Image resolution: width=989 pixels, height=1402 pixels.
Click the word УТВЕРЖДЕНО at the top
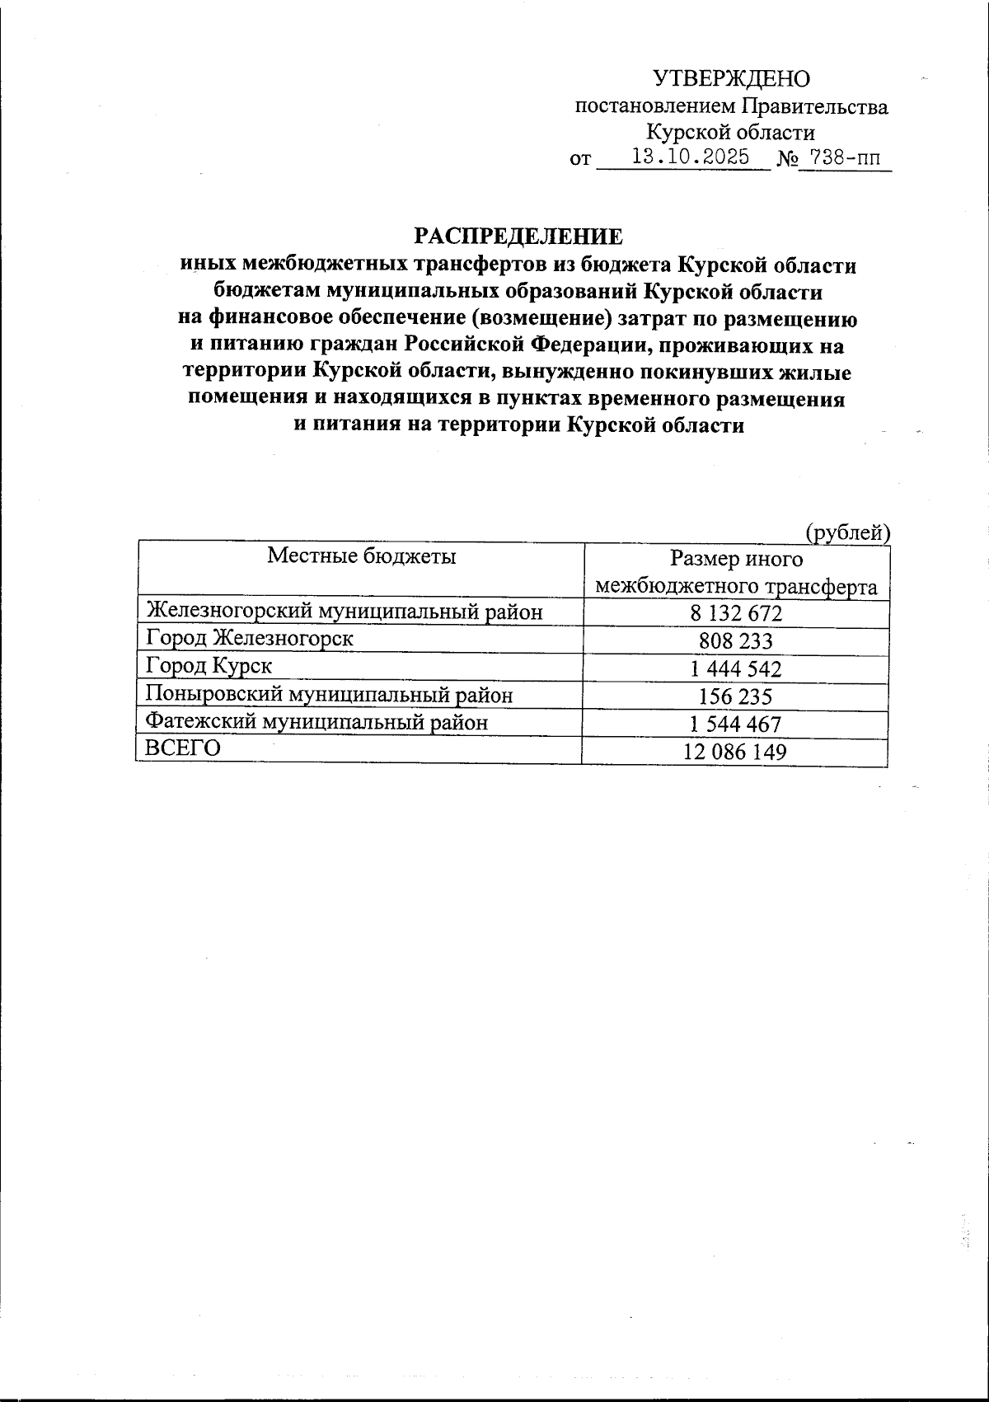click(x=731, y=79)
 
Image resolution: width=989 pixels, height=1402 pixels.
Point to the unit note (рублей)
click(x=848, y=532)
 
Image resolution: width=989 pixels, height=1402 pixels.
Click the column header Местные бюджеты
click(x=361, y=556)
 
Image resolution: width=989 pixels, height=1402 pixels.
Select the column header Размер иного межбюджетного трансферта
click(x=736, y=573)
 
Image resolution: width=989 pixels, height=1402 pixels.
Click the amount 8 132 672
click(x=735, y=613)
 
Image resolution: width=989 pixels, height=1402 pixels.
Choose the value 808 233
click(x=735, y=641)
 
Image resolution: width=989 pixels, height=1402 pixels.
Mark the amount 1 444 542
click(x=735, y=669)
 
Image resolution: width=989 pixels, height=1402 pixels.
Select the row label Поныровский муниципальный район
click(x=329, y=695)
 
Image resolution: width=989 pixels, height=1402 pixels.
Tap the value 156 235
click(x=735, y=697)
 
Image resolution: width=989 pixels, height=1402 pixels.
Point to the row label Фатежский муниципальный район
click(x=316, y=722)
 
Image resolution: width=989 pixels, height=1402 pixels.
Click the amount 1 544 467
click(x=735, y=724)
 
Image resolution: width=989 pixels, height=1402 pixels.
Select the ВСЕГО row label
click(x=183, y=748)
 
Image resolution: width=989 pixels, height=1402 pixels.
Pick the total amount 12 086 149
click(x=735, y=752)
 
